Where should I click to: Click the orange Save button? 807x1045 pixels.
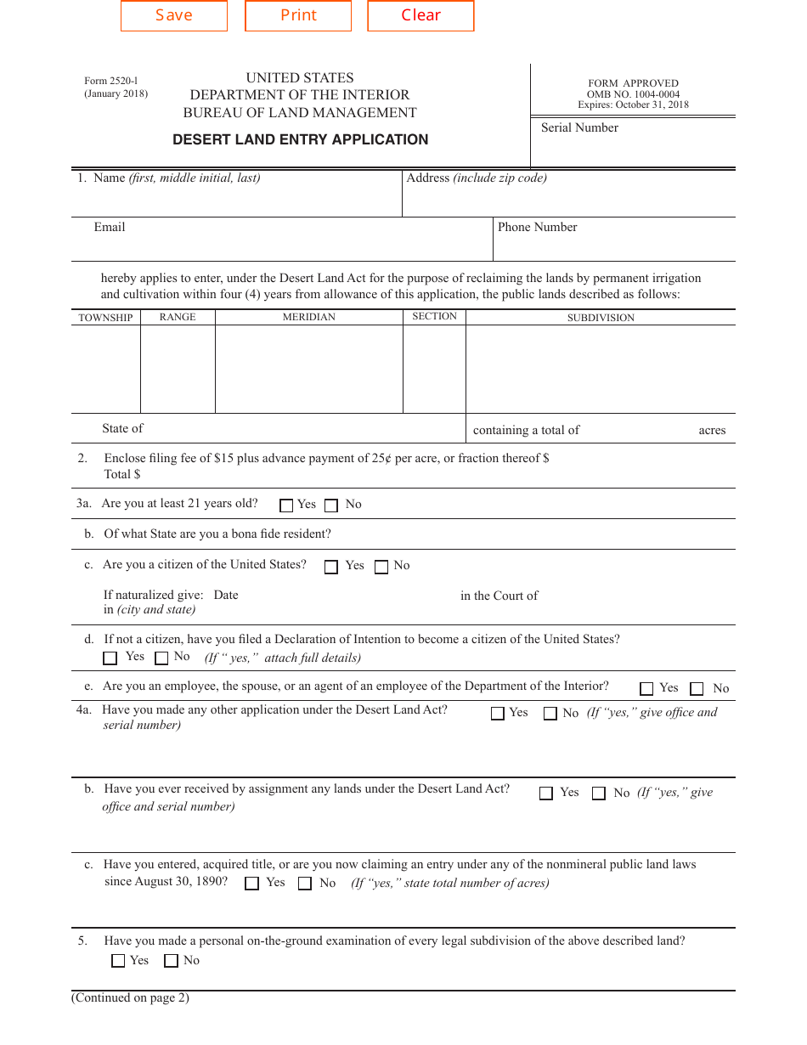[174, 16]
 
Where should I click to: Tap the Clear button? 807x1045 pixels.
[420, 16]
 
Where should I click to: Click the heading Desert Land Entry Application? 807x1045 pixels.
[300, 139]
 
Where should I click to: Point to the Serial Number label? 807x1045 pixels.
[579, 127]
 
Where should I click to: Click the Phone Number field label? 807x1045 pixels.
[537, 227]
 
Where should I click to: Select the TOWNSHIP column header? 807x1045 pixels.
[105, 318]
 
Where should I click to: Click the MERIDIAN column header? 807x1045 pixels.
[308, 317]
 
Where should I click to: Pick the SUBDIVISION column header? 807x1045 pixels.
[601, 318]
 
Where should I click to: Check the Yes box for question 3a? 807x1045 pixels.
[286, 506]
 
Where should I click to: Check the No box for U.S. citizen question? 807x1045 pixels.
[381, 567]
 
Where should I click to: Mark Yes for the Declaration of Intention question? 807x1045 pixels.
[110, 658]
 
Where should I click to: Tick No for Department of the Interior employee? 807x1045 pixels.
[697, 689]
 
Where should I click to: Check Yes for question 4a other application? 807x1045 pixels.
[498, 714]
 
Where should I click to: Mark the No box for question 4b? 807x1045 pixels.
[599, 794]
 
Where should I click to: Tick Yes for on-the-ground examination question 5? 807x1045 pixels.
[118, 961]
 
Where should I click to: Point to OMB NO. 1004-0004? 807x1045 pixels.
[633, 94]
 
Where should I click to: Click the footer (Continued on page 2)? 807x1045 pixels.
[130, 997]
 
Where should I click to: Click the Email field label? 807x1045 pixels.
[110, 227]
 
